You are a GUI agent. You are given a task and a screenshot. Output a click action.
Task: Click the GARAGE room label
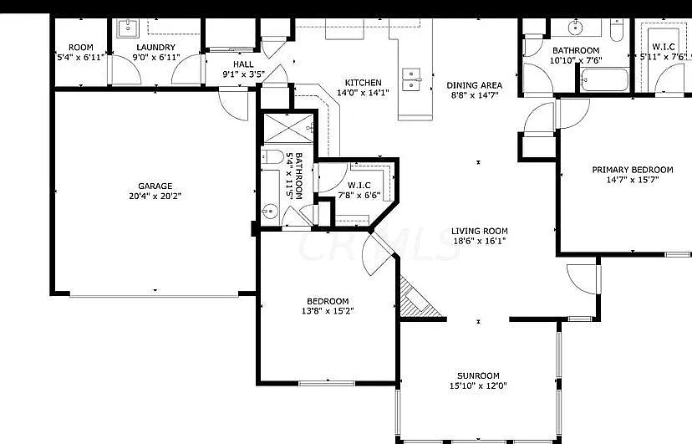155,186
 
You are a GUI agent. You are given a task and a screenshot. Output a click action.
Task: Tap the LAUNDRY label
155,47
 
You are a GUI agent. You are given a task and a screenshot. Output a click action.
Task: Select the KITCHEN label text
364,83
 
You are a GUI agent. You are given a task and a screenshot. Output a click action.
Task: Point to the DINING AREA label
475,85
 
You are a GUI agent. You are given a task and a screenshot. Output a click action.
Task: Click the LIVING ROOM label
479,231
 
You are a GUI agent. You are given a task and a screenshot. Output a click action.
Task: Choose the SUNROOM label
478,375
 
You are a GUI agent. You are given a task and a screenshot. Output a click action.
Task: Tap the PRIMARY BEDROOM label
633,170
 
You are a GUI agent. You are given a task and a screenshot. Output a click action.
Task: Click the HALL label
243,64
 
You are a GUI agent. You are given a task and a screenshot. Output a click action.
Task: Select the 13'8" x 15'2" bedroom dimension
328,311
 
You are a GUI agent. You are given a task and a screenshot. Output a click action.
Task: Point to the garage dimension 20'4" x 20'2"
155,196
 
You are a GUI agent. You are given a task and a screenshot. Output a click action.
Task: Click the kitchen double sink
411,79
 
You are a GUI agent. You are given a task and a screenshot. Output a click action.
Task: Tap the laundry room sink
128,28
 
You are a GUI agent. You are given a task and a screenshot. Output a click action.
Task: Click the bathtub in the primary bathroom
604,80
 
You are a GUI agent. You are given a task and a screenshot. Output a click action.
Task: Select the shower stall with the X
288,129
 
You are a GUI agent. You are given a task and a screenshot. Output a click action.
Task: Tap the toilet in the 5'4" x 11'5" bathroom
272,157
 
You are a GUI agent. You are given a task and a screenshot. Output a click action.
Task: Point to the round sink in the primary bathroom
576,28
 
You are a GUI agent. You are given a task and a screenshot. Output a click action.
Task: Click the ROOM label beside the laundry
81,47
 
